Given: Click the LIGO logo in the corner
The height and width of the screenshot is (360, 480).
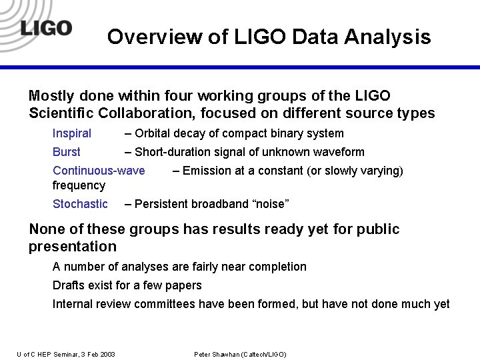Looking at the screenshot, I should tap(45, 28).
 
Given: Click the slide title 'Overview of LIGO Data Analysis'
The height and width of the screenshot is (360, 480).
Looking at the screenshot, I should tap(269, 37).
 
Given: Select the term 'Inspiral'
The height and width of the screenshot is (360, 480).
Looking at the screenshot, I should tap(72, 133).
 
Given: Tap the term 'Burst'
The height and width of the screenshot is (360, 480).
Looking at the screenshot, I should tap(67, 152).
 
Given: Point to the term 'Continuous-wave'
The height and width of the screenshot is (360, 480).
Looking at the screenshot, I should tap(99, 171).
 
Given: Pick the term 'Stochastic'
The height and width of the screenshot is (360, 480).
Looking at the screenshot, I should tap(80, 204).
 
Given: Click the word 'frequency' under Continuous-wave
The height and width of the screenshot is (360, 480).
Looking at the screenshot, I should tap(79, 185).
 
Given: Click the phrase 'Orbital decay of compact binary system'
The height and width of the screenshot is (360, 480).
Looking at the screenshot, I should tap(239, 133).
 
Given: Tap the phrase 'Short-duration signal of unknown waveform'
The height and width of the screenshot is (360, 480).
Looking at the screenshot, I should tap(249, 152).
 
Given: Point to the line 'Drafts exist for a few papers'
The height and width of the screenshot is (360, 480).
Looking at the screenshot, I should tap(127, 285).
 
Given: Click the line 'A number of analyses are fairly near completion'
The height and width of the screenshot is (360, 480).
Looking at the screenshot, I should tap(179, 267).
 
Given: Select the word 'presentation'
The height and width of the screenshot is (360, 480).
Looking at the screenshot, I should tap(73, 247).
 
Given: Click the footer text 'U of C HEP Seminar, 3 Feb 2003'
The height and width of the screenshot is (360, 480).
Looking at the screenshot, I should tap(66, 354).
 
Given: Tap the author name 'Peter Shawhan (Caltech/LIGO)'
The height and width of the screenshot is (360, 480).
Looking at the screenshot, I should tap(240, 354).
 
